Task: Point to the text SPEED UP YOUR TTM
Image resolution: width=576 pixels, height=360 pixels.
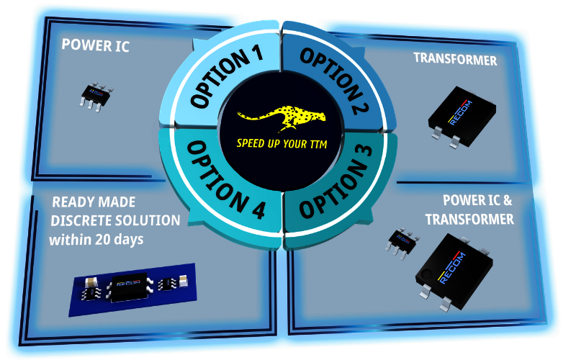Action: pyautogui.click(x=282, y=143)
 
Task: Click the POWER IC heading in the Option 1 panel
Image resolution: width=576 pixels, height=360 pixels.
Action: pyautogui.click(x=96, y=45)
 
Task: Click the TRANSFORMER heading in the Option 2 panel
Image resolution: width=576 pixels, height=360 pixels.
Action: pyautogui.click(x=455, y=59)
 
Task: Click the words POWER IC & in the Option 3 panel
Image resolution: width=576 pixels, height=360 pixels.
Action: pyautogui.click(x=477, y=201)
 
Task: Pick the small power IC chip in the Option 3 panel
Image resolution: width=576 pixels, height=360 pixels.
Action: pyautogui.click(x=402, y=243)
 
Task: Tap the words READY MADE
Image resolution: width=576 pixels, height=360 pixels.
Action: pyautogui.click(x=94, y=202)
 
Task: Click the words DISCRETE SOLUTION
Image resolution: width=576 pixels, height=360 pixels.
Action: pyautogui.click(x=115, y=221)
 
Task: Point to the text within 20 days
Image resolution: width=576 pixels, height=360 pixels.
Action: pyautogui.click(x=96, y=240)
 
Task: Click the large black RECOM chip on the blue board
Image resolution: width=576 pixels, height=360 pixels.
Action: pyautogui.click(x=130, y=287)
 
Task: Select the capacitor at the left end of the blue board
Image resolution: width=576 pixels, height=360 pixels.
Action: pyautogui.click(x=91, y=282)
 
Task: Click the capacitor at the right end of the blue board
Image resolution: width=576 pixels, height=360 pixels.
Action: pyautogui.click(x=184, y=281)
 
